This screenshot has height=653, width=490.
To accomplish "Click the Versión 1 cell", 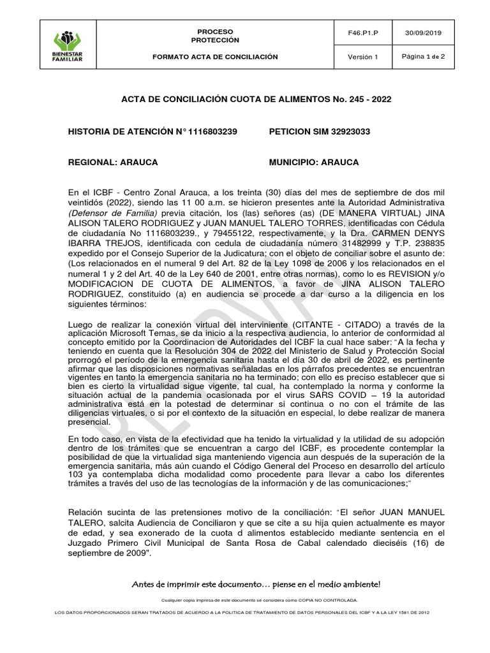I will coord(362,57).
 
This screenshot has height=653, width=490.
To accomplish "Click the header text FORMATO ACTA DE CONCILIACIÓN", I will coord(215,57).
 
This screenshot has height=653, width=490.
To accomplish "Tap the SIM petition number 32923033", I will coord(350,131).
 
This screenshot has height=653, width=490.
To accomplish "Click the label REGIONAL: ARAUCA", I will coord(113,163).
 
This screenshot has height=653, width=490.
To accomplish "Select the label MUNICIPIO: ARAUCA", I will coord(314,163).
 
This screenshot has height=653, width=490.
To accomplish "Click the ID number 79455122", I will coord(191,233).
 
